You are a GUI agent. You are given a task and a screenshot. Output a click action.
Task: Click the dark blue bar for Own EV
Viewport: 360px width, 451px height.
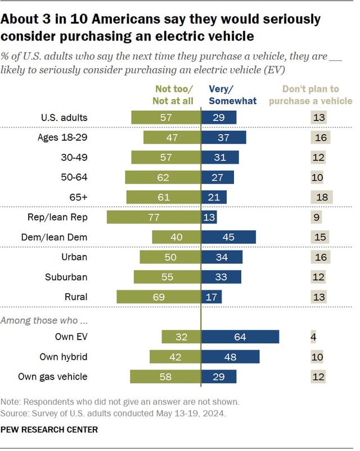coord(241,337)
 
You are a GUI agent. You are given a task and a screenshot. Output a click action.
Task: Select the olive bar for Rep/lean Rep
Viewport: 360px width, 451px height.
coord(154,217)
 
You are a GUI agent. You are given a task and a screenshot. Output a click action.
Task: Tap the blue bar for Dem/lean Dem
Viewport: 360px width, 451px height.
coord(228,237)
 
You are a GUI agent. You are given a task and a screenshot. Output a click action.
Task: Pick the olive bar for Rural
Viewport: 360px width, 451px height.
coord(159,297)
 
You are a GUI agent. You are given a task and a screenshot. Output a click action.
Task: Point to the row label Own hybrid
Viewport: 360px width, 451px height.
coord(64,356)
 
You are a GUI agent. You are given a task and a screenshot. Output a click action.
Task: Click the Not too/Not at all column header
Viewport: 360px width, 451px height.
coord(173,95)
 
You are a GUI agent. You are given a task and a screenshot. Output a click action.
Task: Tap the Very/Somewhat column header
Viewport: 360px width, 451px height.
coord(232,95)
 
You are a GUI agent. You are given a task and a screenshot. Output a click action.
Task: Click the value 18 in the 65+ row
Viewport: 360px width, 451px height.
coord(321,197)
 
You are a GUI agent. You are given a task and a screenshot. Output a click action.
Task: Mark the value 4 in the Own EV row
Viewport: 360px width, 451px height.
coord(313,337)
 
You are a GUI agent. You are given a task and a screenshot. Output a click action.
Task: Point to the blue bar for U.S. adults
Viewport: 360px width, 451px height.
coord(219,118)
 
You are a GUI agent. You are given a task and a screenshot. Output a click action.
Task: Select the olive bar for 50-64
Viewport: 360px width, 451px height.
coord(163,177)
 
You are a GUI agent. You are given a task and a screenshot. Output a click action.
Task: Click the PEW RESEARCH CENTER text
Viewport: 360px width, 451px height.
coord(49,430)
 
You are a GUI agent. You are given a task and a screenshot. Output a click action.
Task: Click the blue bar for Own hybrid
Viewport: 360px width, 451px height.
coord(231,356)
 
